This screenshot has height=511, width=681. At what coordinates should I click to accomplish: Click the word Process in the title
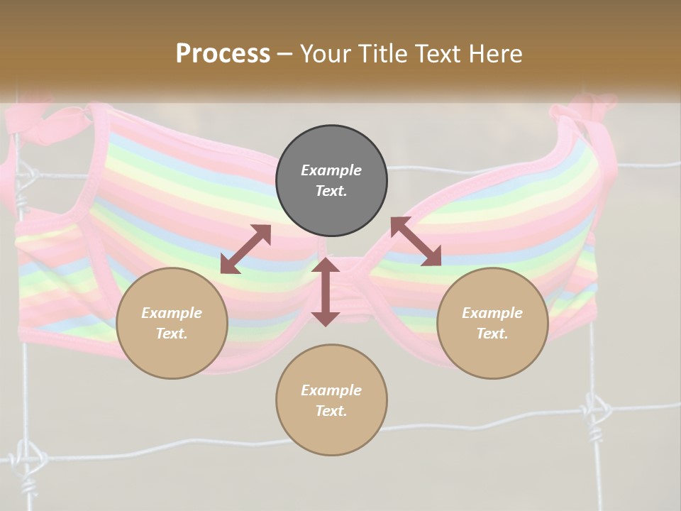[223, 54]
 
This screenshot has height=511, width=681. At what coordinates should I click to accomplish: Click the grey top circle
[331, 181]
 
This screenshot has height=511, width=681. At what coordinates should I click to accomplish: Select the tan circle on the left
[172, 324]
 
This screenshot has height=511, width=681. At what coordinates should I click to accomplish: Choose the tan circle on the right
[492, 324]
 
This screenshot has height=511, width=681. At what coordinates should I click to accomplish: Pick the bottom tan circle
[331, 400]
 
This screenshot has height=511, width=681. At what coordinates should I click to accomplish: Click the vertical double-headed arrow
[326, 292]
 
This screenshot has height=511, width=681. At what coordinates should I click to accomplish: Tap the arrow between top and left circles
[245, 248]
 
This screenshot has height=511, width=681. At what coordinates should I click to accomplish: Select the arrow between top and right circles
[416, 241]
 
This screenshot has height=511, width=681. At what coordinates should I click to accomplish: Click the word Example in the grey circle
[331, 170]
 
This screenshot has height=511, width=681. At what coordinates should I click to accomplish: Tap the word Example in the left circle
[172, 313]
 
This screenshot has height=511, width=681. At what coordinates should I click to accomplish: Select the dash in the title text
[285, 55]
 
